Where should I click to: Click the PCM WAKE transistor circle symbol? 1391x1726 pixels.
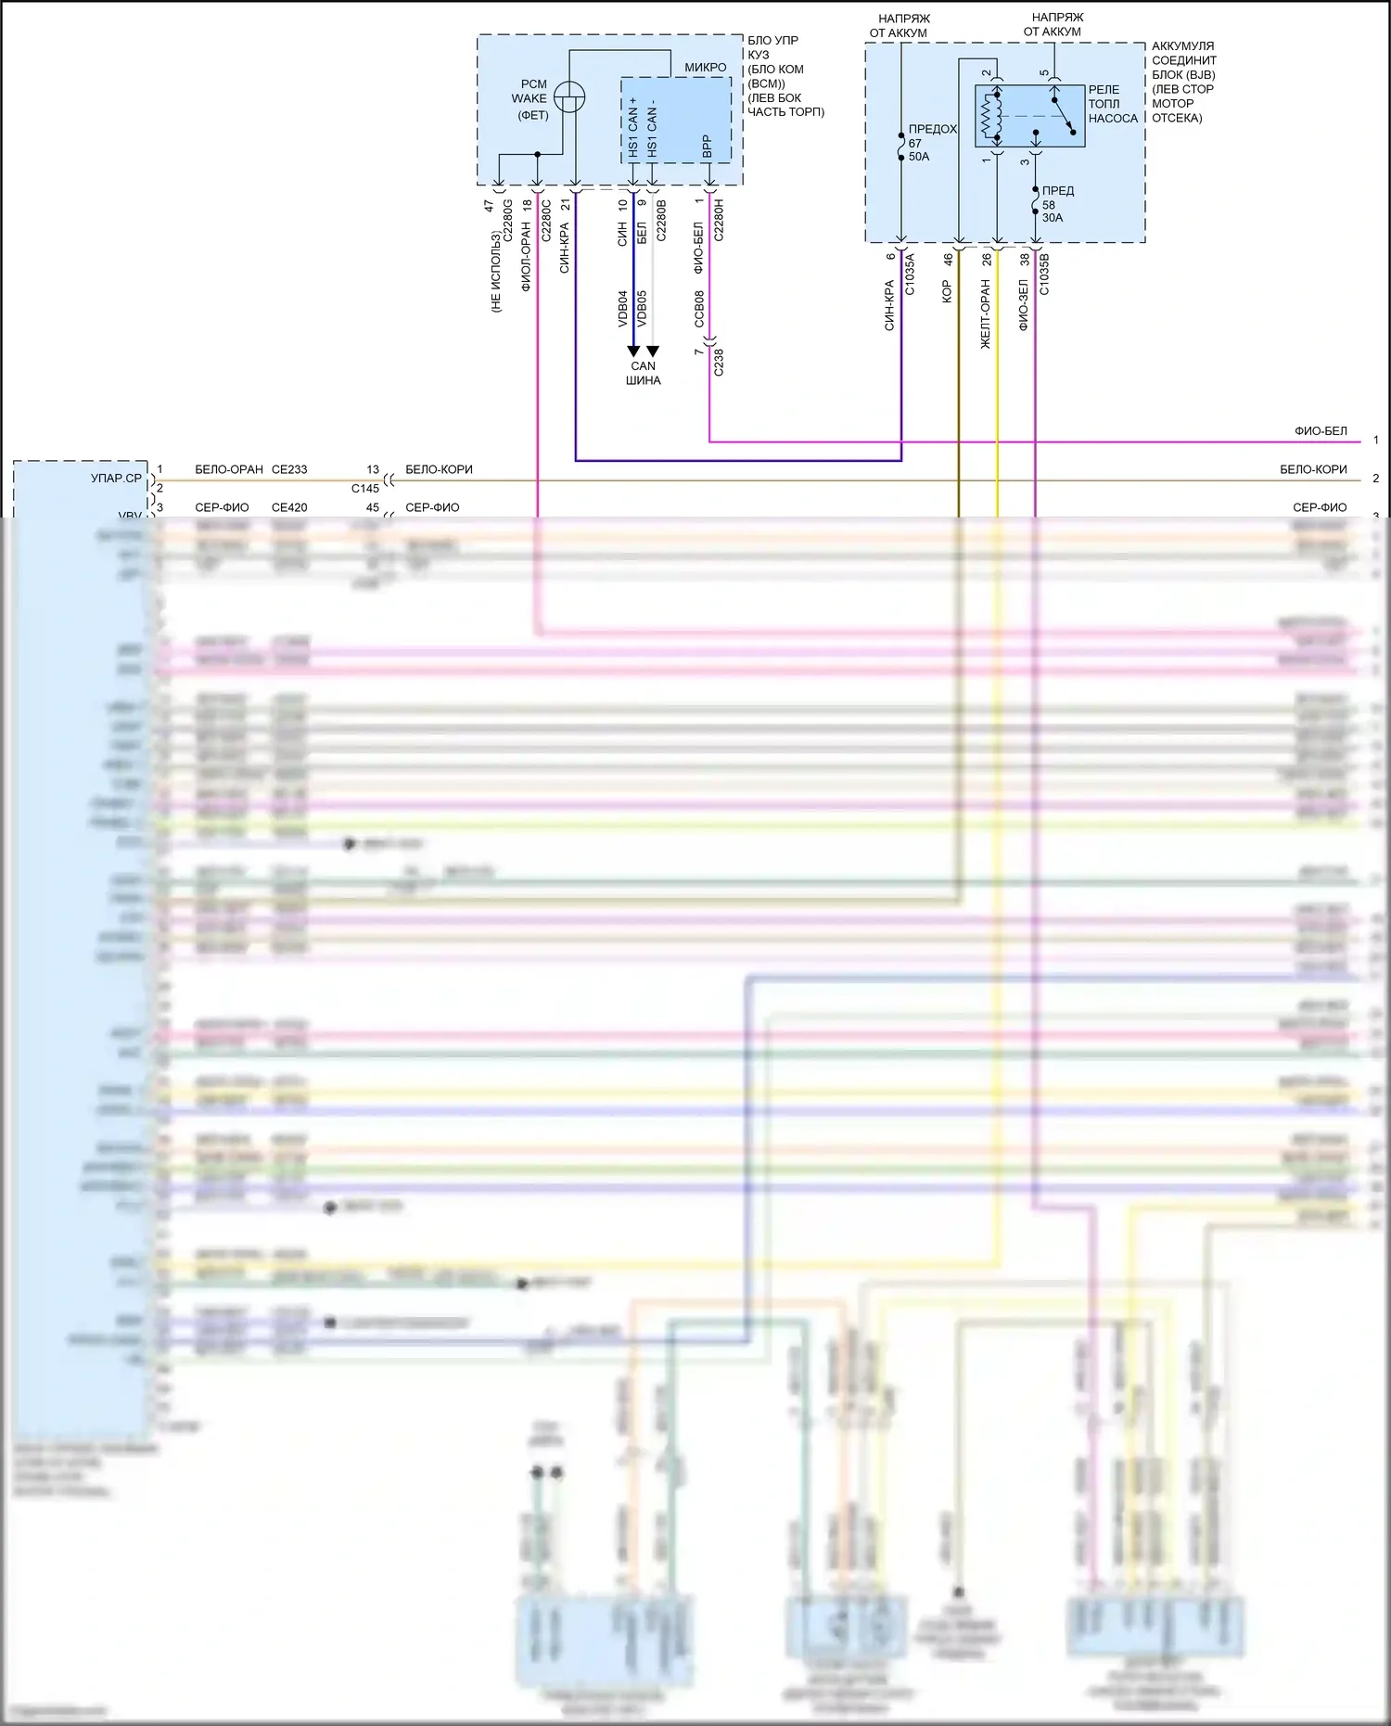[x=569, y=96]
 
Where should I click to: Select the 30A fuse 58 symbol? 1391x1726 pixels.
[x=1035, y=202]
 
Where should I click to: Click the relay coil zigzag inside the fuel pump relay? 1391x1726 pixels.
[x=989, y=116]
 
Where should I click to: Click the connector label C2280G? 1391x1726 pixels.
[x=507, y=221]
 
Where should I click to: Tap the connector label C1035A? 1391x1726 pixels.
[x=910, y=275]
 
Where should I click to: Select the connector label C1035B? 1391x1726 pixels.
[x=1044, y=275]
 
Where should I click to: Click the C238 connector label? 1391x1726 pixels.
[x=719, y=362]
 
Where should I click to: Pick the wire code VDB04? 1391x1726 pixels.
[x=623, y=308]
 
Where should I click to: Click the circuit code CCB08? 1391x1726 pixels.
[x=699, y=308]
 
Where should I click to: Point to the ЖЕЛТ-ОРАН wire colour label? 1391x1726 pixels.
[x=986, y=314]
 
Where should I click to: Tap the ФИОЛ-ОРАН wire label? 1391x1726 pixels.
[x=526, y=257]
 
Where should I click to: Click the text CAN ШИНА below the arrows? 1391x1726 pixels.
[x=643, y=373]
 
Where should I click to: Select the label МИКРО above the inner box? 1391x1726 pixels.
[x=706, y=67]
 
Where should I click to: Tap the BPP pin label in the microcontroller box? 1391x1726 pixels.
[x=708, y=146]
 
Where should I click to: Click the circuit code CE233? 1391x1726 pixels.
[x=289, y=469]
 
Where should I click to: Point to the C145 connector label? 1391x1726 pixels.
[x=365, y=488]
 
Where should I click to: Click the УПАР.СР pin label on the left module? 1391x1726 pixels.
[x=117, y=479]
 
